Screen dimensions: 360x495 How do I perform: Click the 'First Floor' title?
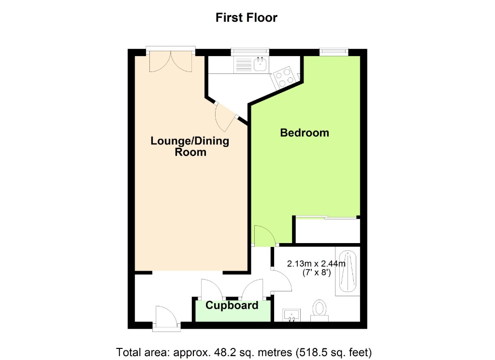pyautogui.click(x=247, y=18)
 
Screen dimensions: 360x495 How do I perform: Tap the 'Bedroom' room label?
pyautogui.click(x=305, y=132)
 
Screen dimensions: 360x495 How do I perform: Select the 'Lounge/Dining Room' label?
pyautogui.click(x=189, y=146)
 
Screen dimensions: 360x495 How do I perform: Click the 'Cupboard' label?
pyautogui.click(x=232, y=305)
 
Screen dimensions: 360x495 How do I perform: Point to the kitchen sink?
pyautogui.click(x=261, y=64)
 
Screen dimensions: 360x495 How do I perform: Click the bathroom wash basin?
pyautogui.click(x=292, y=315)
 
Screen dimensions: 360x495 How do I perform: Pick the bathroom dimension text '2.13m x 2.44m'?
pyautogui.click(x=317, y=264)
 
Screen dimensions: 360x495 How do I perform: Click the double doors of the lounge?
pyautogui.click(x=171, y=61)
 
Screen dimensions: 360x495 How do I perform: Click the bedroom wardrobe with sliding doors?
pyautogui.click(x=327, y=230)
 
